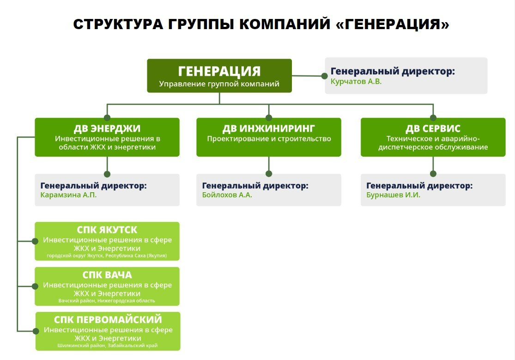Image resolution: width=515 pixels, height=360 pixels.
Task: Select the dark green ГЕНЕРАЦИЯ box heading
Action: pos(219,71)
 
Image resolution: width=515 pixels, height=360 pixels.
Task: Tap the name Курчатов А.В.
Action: pos(356,81)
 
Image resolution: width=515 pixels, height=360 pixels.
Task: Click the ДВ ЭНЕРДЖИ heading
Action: pos(107,128)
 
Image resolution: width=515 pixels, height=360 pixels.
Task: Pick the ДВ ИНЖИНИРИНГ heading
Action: pos(268,128)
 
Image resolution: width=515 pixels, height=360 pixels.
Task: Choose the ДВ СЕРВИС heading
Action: pos(433,128)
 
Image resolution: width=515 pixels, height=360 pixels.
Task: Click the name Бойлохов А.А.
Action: pos(227,195)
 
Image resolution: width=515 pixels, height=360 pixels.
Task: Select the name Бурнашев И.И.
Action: pos(393,195)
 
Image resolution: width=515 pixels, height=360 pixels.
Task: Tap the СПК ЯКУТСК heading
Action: pos(107,230)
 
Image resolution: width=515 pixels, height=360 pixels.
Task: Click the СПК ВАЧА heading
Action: pos(107,275)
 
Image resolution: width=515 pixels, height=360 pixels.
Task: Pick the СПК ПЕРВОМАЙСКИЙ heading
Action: pos(108,320)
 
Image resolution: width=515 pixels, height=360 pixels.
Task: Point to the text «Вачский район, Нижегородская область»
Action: pos(107,301)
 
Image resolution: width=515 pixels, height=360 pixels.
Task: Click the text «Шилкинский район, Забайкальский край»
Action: pos(108,345)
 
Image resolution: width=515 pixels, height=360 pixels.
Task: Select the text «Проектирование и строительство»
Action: pos(268,139)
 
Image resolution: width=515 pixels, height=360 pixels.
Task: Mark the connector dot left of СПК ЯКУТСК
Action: pos(35,241)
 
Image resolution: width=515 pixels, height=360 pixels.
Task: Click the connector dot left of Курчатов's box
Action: pos(325,76)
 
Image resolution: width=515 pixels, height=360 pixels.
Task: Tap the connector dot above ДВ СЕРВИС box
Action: pos(433,118)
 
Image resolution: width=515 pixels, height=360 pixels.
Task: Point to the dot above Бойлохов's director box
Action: pos(268,174)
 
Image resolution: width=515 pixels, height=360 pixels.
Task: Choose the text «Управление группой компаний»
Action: pos(219,84)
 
